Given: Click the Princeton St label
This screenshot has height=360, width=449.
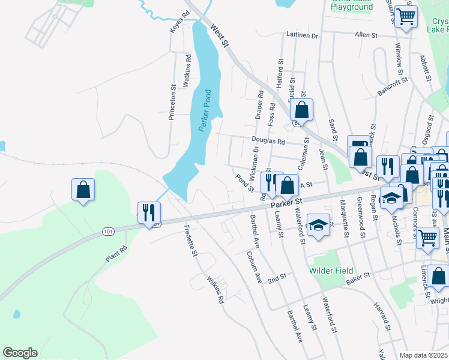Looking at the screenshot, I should tap(172, 102).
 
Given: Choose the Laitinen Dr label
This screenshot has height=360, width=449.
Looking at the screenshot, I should tap(302, 35).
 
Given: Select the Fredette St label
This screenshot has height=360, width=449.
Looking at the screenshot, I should tap(191, 239).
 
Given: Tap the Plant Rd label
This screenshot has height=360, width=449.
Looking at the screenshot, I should tap(116, 254).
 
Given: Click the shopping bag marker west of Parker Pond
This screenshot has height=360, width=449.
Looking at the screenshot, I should tap(83, 190).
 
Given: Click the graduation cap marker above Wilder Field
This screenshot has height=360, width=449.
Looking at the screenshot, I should tap(319, 225).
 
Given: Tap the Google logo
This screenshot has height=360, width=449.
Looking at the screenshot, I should tap(20, 353).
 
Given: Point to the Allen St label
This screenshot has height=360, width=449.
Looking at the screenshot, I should tap(366, 35).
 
